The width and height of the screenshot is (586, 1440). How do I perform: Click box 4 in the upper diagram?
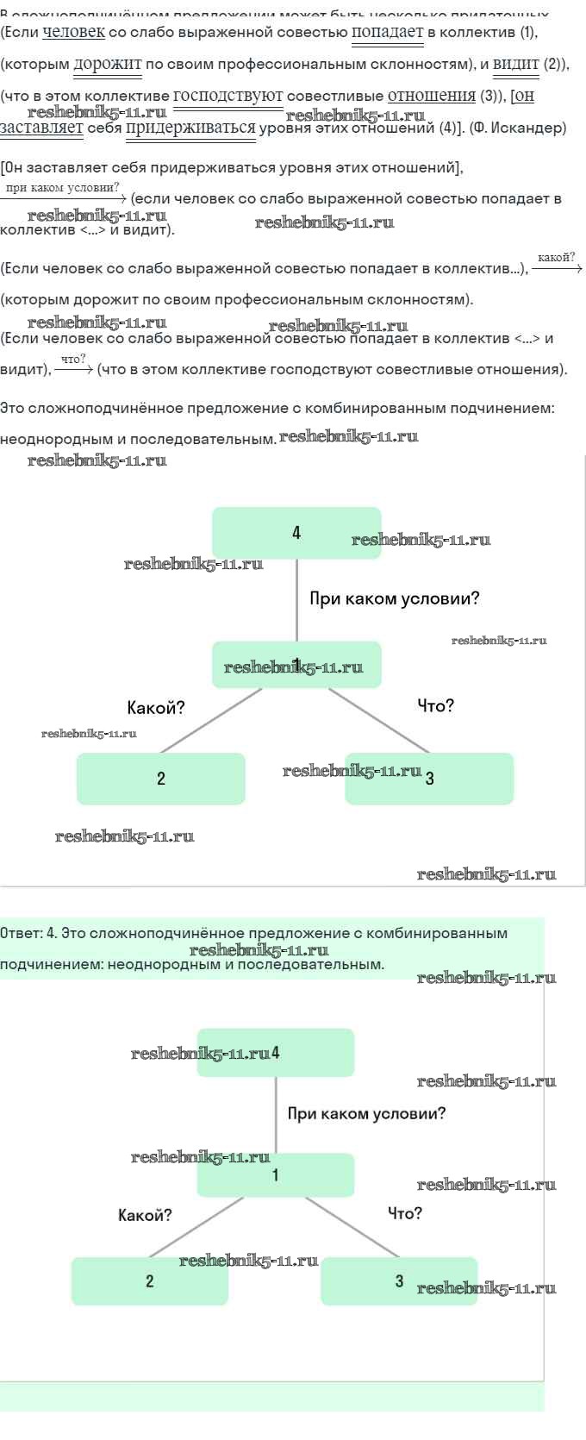coord(296,533)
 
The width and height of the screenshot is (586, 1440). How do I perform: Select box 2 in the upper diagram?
coord(161,779)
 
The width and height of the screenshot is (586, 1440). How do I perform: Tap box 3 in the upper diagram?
coord(429,779)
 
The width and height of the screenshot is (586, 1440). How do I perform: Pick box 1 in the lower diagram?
coord(276,1175)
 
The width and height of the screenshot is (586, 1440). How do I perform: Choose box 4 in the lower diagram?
coord(276,1053)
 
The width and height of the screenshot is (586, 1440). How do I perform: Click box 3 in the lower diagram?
coord(399,1281)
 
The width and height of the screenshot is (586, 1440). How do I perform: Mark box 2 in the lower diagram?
coord(150,1281)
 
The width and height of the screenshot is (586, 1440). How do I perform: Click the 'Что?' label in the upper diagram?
coord(435,706)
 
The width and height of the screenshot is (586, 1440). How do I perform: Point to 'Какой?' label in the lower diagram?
coord(145,1215)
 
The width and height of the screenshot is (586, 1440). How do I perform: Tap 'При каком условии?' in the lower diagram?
coord(366,1113)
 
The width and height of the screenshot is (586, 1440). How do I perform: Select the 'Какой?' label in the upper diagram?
coord(155,708)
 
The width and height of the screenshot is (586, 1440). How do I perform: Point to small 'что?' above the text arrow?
coord(73,359)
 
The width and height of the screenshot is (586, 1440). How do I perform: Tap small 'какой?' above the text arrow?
coord(556,257)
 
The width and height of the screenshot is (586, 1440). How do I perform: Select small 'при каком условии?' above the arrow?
coord(62,187)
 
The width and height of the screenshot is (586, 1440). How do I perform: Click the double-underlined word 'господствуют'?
coord(228,96)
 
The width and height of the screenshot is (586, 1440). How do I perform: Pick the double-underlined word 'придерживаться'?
coord(191,128)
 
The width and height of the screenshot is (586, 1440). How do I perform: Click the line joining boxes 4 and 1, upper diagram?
coord(297,600)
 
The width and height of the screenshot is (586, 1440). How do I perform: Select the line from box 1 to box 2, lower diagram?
coord(196,1227)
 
